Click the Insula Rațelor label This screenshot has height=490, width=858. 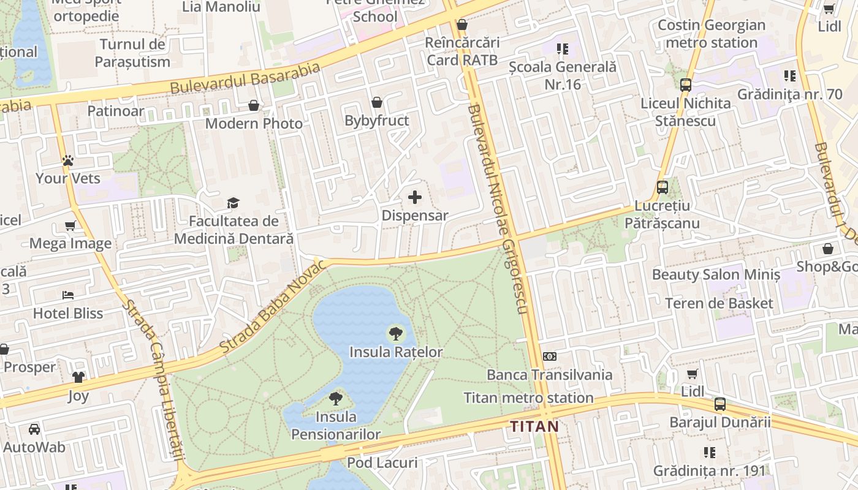pyautogui.click(x=396, y=352)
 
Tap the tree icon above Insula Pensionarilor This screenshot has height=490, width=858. pyautogui.click(x=335, y=399)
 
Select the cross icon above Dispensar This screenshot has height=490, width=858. pyautogui.click(x=415, y=197)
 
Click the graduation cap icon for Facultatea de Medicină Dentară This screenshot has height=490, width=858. pyautogui.click(x=233, y=203)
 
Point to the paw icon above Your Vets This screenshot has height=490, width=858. pyautogui.click(x=67, y=160)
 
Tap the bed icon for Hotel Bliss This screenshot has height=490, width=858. pyautogui.click(x=67, y=295)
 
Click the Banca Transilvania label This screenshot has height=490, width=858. pyautogui.click(x=549, y=374)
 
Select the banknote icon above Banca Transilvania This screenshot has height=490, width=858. pyautogui.click(x=550, y=356)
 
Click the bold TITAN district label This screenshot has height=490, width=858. pyautogui.click(x=534, y=426)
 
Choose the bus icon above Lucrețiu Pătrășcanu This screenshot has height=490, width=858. pyautogui.click(x=662, y=187)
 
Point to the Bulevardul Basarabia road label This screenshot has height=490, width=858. pyautogui.click(x=245, y=78)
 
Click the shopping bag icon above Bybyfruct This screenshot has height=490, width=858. pyautogui.click(x=376, y=102)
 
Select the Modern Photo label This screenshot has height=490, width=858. pyautogui.click(x=254, y=124)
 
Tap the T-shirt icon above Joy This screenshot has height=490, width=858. pyautogui.click(x=78, y=377)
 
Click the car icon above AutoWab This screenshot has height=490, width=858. pyautogui.click(x=34, y=429)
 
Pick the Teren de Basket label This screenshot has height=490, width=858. pyautogui.click(x=719, y=303)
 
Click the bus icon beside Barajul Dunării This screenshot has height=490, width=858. pyautogui.click(x=719, y=404)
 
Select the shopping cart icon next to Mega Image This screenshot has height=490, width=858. pyautogui.click(x=70, y=225)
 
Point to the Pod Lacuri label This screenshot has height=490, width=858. pyautogui.click(x=382, y=462)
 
